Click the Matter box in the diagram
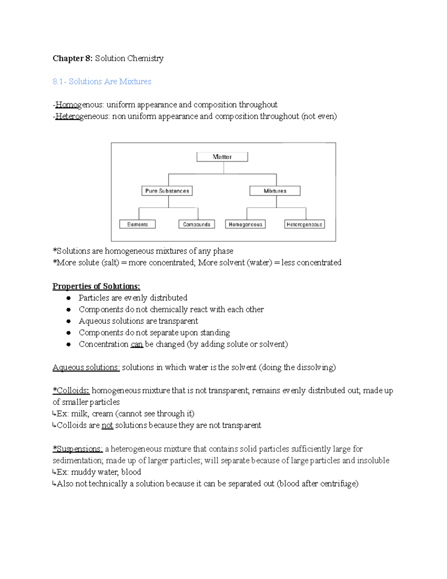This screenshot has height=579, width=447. point(222,157)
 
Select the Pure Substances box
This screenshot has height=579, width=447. point(167,191)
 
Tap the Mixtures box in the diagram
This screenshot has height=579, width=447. point(275,191)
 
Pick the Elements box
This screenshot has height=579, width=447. point(137,224)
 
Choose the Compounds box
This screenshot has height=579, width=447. point(197,224)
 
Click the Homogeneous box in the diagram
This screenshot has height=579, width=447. point(245,224)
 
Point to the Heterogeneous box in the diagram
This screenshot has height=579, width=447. point(304,224)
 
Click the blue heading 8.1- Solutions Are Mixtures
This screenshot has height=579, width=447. point(102,82)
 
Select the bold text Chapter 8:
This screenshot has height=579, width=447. point(72,59)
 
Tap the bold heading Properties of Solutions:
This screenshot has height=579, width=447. point(96,286)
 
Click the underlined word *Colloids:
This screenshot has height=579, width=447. point(71,391)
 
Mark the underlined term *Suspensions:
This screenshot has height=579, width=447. point(77,449)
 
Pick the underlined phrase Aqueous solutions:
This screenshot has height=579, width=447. point(86,368)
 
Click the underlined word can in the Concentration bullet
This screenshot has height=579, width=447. point(137,344)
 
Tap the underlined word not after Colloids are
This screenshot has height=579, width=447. point(107,425)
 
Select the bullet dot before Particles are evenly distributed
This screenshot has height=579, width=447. point(68,298)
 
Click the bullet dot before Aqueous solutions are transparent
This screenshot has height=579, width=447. point(68,321)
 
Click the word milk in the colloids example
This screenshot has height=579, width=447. point(80,414)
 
